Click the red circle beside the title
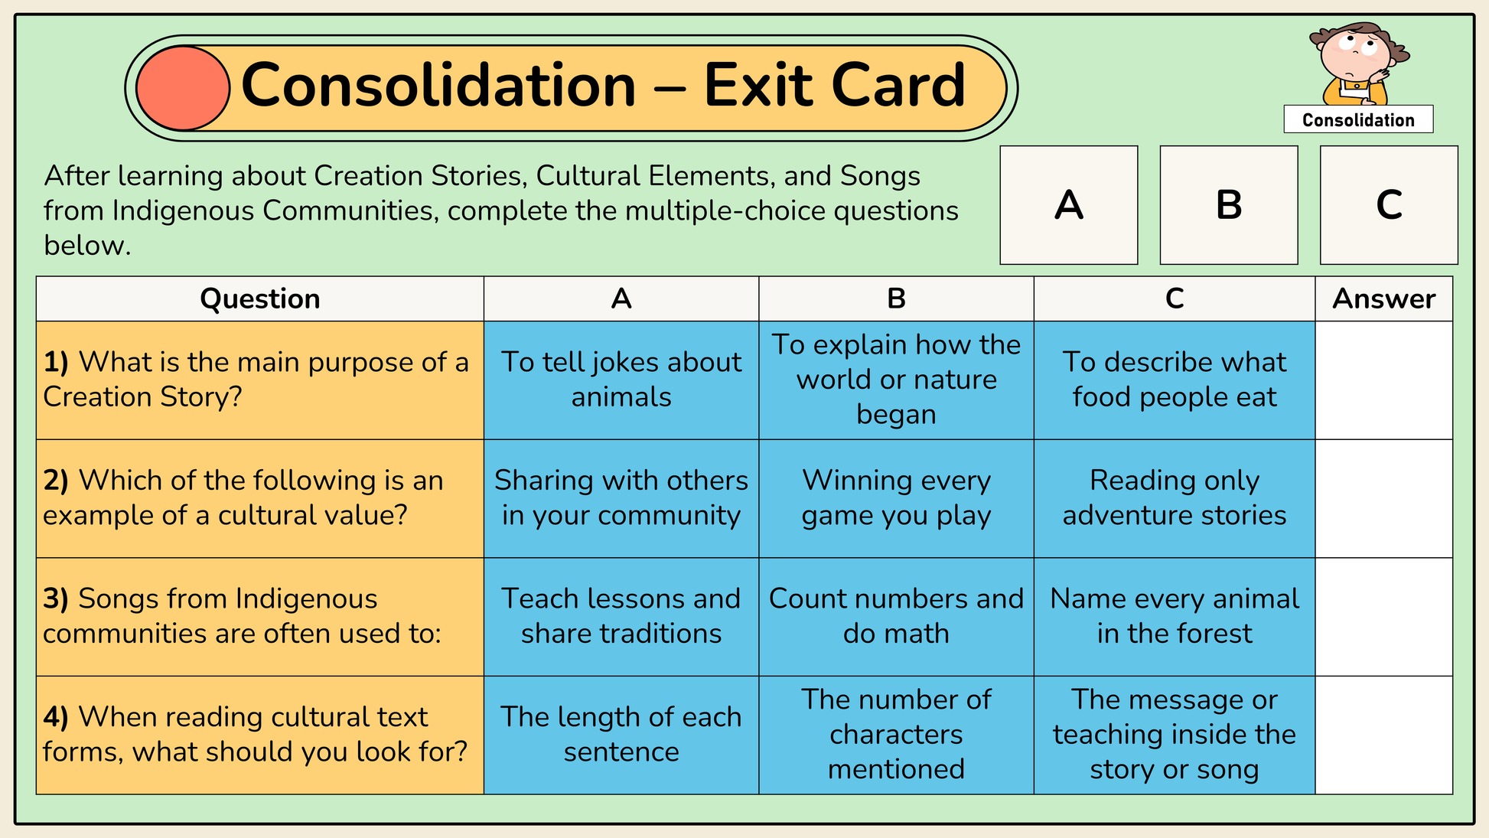[183, 88]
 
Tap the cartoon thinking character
[1359, 64]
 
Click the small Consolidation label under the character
[1358, 119]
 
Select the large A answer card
[1069, 205]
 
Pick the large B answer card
[1229, 205]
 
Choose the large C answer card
[1389, 205]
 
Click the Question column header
[260, 298]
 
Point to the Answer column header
[1383, 298]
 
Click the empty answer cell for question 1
[1383, 380]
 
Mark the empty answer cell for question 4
[1383, 735]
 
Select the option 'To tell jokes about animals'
[621, 380]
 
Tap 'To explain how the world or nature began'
[896, 380]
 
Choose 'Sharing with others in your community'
[621, 498]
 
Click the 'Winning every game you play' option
[896, 498]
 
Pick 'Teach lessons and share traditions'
[621, 616]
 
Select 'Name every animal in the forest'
[1175, 616]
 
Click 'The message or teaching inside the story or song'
[1175, 735]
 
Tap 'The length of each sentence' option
[621, 735]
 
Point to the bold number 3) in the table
[56, 599]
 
